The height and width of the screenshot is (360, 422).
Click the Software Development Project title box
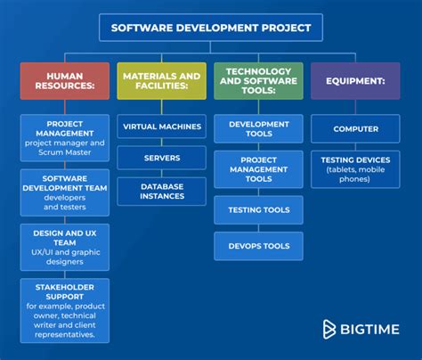tap(210, 28)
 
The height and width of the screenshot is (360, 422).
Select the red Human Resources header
tap(64, 80)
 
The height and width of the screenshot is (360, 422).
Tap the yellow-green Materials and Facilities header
tap(161, 80)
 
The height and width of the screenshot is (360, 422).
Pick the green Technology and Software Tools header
tap(258, 80)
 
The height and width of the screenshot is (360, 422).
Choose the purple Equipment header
tap(355, 80)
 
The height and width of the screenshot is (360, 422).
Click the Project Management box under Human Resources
tap(64, 135)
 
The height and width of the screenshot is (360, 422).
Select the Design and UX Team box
tap(64, 246)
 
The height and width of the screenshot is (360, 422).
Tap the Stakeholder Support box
tap(64, 309)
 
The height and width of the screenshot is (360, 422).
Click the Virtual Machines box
tap(161, 128)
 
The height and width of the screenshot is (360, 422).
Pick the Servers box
tap(161, 158)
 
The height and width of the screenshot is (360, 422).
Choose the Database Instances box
tap(161, 192)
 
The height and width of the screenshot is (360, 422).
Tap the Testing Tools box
tap(258, 209)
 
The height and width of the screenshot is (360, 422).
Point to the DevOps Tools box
tap(258, 245)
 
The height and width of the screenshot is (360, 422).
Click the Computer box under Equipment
tap(355, 129)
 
